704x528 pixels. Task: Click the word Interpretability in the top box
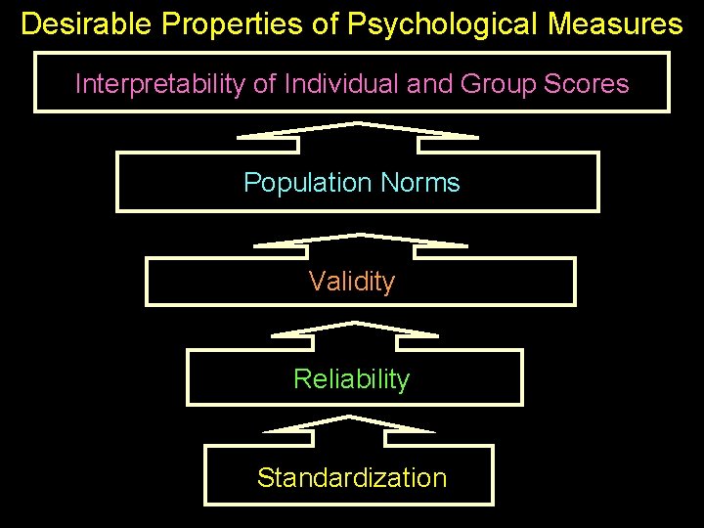pos(160,84)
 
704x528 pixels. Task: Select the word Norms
pos(420,183)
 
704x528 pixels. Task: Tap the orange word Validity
pos(352,283)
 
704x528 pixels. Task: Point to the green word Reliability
pos(352,379)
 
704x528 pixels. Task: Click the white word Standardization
pos(352,478)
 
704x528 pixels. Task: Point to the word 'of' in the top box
pos(264,84)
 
